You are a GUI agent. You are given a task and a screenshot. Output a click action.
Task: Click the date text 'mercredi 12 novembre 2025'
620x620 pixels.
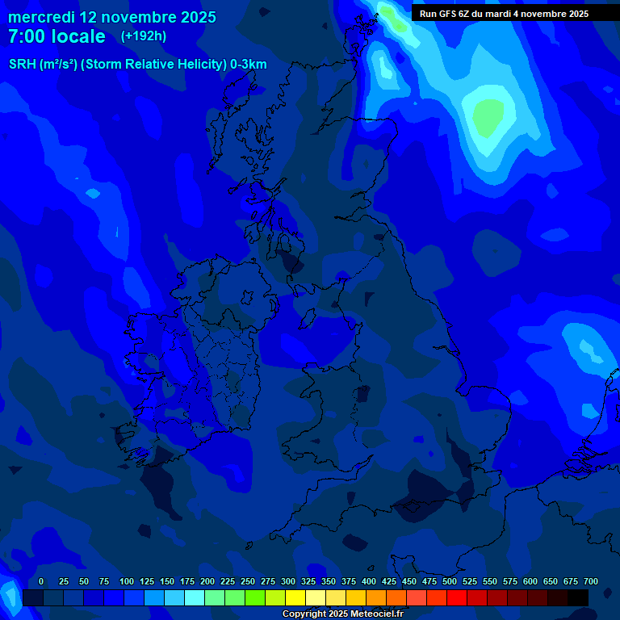pyautogui.click(x=111, y=17)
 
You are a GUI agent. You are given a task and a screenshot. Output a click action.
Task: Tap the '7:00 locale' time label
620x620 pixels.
pyautogui.click(x=57, y=36)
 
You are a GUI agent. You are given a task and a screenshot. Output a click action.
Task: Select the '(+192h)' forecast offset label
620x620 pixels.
pyautogui.click(x=144, y=36)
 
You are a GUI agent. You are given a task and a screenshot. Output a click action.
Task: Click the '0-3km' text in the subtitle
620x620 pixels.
pyautogui.click(x=249, y=65)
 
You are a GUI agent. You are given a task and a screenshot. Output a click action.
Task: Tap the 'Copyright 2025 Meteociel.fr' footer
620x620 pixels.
pyautogui.click(x=342, y=614)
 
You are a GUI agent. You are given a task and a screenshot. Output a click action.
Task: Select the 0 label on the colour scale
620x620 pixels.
pyautogui.click(x=41, y=581)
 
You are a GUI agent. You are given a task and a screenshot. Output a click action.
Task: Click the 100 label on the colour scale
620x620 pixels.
pyautogui.click(x=126, y=581)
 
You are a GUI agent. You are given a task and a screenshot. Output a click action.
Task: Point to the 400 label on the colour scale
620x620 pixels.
pyautogui.click(x=369, y=581)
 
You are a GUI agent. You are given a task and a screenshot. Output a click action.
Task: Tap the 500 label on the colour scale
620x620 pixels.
pyautogui.click(x=450, y=581)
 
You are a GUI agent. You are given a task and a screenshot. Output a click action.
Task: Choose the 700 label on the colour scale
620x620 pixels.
pyautogui.click(x=591, y=581)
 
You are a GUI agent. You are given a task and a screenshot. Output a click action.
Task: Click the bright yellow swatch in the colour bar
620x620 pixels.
pyautogui.click(x=295, y=597)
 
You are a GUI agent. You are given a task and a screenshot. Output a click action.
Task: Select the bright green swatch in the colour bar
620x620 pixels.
pyautogui.click(x=255, y=597)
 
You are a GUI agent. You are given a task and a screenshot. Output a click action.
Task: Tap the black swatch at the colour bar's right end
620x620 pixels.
pyautogui.click(x=578, y=597)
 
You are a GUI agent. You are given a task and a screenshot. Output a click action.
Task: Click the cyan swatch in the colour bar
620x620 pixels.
pyautogui.click(x=195, y=597)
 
